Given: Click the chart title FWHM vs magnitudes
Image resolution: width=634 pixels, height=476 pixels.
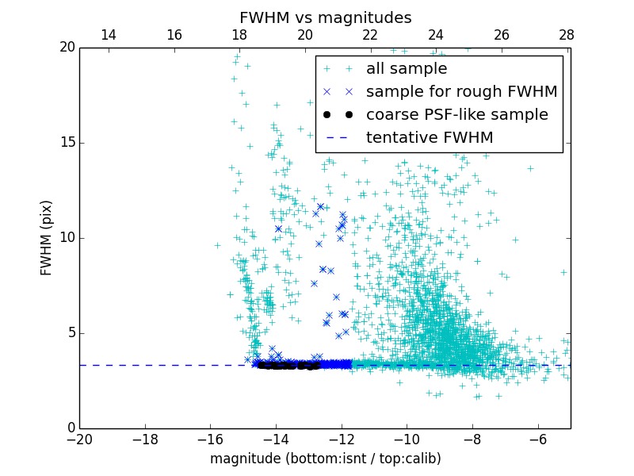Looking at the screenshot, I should click(325, 17).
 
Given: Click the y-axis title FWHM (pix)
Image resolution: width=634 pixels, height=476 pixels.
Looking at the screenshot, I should click(47, 237).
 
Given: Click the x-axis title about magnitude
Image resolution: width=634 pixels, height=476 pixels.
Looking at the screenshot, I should click(325, 459).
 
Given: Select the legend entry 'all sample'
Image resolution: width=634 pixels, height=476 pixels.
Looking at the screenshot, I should click(406, 69).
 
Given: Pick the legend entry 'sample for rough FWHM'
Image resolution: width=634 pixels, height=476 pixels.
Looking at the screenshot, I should click(461, 92).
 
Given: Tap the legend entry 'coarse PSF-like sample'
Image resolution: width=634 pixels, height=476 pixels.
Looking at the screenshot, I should click(456, 115).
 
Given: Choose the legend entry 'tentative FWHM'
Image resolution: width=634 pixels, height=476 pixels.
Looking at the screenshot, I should click(429, 138).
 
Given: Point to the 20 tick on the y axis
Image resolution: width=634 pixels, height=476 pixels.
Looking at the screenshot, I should click(67, 48).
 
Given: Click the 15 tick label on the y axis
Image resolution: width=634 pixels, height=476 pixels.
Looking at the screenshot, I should click(67, 143).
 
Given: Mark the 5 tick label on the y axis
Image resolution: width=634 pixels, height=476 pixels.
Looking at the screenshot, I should click(71, 333).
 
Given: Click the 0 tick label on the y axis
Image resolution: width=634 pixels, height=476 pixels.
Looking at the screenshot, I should click(71, 428).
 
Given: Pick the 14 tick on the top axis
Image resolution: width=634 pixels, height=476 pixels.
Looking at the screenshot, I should click(109, 35).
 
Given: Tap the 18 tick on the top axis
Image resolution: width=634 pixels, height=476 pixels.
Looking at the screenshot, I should click(239, 35).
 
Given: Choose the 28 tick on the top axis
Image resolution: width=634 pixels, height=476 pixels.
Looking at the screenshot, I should click(567, 35).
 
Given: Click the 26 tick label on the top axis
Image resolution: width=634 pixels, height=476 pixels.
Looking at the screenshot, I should click(502, 35).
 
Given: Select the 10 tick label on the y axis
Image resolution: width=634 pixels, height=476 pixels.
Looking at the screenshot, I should click(67, 238).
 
